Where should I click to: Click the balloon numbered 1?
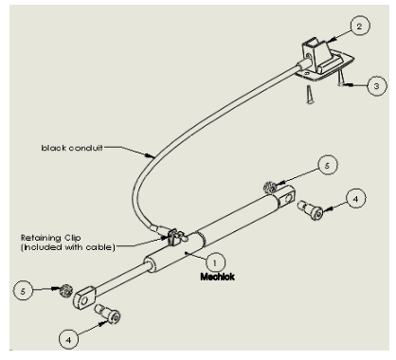point(215,262)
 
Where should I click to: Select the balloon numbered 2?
point(360,26)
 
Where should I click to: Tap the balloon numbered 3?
point(377,86)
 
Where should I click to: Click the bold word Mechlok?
point(218,277)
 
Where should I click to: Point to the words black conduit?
point(72,148)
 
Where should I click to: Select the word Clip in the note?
point(73,238)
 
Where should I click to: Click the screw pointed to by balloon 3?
point(340,78)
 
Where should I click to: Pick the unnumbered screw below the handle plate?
point(310,95)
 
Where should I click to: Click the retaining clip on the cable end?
point(174,237)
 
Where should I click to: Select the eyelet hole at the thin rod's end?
point(84,300)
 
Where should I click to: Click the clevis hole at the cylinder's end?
point(287,199)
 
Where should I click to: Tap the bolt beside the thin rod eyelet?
point(107,314)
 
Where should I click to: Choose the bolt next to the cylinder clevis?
point(310,209)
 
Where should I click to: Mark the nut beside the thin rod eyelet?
point(66,290)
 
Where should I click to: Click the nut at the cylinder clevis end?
point(270,187)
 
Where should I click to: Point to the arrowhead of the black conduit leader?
point(151,155)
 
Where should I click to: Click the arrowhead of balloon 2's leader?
point(331,40)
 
